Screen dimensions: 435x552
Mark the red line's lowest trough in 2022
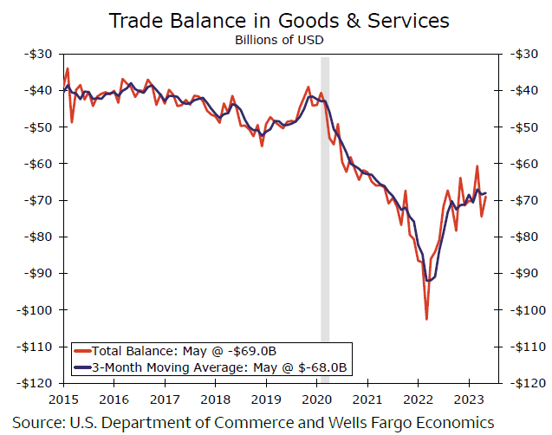[x=426, y=319]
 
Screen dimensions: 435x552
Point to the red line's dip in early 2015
[x=72, y=121]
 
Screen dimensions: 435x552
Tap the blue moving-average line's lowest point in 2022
[x=429, y=281]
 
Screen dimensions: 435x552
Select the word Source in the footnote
[x=38, y=422]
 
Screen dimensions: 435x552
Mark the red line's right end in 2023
[x=486, y=197]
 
